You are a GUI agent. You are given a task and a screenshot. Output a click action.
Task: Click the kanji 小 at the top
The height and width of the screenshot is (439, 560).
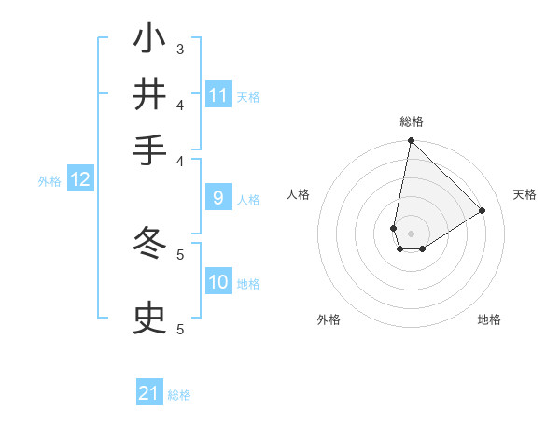[x=150, y=40]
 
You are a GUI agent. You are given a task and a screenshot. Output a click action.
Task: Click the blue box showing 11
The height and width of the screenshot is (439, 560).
[x=218, y=95]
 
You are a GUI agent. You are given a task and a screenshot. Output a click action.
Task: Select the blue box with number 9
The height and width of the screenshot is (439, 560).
[x=217, y=197]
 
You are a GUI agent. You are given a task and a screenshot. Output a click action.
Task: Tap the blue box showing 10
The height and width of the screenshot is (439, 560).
[x=218, y=282]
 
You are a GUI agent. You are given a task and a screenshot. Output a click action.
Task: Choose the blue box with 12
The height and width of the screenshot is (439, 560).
[x=79, y=179]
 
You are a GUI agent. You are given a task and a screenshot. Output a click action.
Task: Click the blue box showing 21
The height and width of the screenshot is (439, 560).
[x=149, y=393]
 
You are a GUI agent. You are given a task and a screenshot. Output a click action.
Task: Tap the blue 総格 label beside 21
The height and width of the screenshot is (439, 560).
[x=179, y=395]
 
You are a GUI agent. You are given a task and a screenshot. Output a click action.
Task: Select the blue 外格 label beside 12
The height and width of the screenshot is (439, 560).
[x=49, y=181]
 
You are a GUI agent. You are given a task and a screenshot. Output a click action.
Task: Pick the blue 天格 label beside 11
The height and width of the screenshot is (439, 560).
[x=248, y=97]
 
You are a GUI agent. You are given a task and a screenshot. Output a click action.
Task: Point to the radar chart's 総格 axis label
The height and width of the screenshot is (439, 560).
[x=412, y=121]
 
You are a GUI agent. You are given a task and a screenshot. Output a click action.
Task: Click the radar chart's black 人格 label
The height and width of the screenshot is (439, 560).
[x=299, y=194]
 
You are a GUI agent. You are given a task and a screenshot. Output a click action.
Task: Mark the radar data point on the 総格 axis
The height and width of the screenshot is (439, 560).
[x=411, y=141]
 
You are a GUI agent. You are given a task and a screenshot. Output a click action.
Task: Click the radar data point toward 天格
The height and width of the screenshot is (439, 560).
[x=483, y=210]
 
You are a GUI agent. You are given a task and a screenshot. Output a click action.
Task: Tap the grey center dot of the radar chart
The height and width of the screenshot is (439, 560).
[x=411, y=234]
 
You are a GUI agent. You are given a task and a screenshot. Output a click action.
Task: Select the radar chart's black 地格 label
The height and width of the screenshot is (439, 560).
[x=489, y=319]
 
